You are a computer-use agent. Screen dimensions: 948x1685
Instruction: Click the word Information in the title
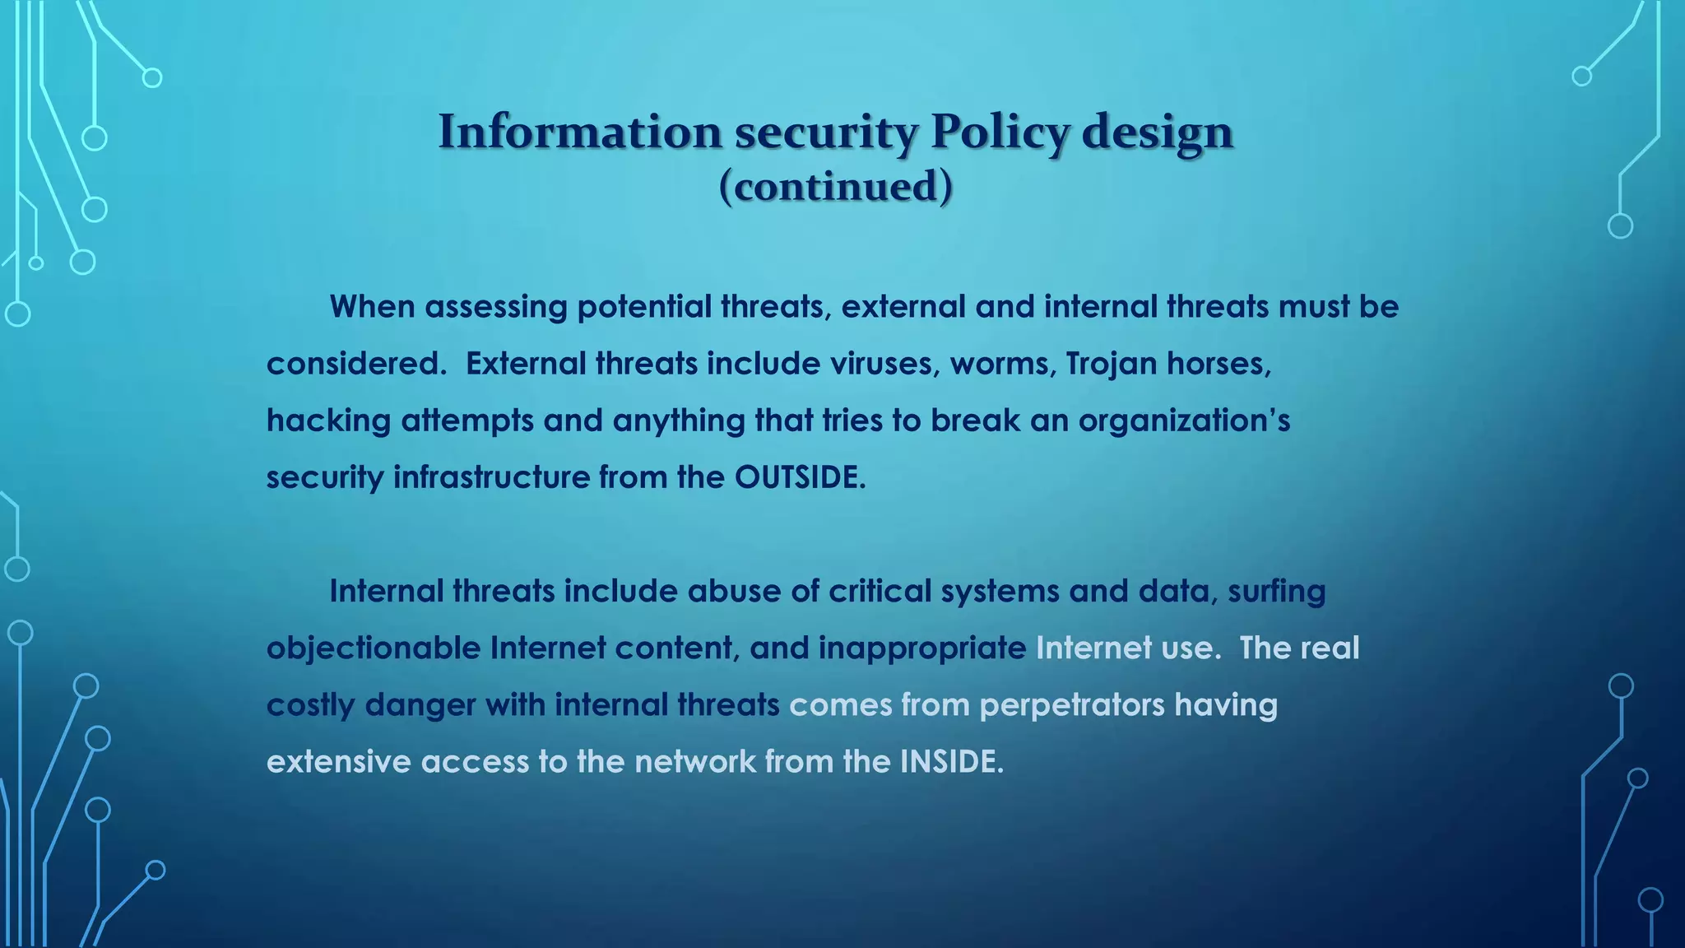coord(580,132)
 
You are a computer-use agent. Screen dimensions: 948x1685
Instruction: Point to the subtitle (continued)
coord(836,186)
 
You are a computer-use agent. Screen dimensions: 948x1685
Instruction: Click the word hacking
coord(329,421)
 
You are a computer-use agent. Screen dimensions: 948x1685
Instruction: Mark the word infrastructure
coord(491,477)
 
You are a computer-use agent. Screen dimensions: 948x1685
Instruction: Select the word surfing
coord(1276,592)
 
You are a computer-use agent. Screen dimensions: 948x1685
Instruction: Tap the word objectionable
coord(374,648)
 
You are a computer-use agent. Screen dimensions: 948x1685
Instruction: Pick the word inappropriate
coord(921,648)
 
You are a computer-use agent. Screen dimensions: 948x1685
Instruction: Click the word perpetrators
coord(1071,705)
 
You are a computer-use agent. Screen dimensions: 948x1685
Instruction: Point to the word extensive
coord(338,761)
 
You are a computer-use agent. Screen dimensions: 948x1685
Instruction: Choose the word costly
coord(310,705)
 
